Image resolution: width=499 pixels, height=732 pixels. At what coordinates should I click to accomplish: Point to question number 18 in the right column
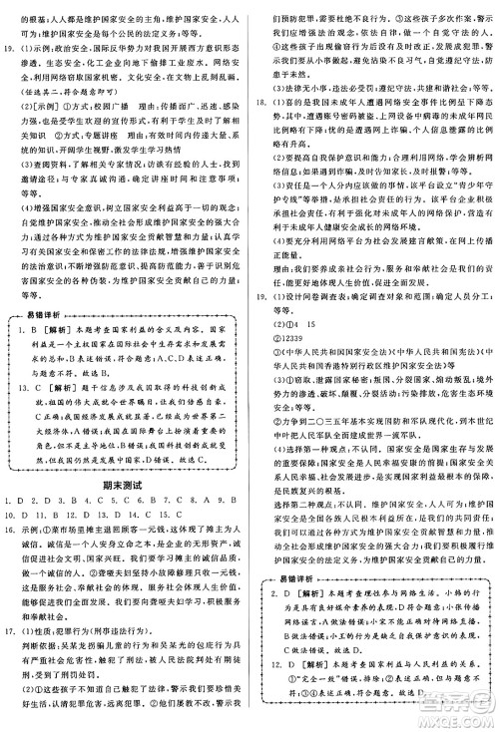coord(261,102)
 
